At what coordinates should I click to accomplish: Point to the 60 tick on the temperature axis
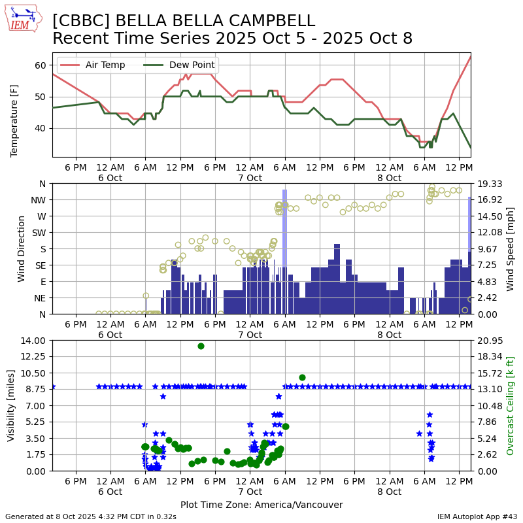coord(40,65)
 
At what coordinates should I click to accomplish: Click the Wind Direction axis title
coord(22,248)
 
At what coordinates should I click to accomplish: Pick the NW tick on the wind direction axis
coord(39,200)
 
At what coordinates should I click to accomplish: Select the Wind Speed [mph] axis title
coord(511,248)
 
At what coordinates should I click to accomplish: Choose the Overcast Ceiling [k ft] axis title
coord(511,405)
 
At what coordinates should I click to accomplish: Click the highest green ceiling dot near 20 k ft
coord(201,346)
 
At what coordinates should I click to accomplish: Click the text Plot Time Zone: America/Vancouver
coord(261,505)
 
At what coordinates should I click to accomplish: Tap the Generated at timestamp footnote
coord(90,516)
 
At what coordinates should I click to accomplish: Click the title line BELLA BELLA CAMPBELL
coord(184,21)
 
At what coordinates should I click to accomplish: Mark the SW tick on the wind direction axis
coord(39,233)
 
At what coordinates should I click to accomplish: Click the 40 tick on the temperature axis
coord(40,128)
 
